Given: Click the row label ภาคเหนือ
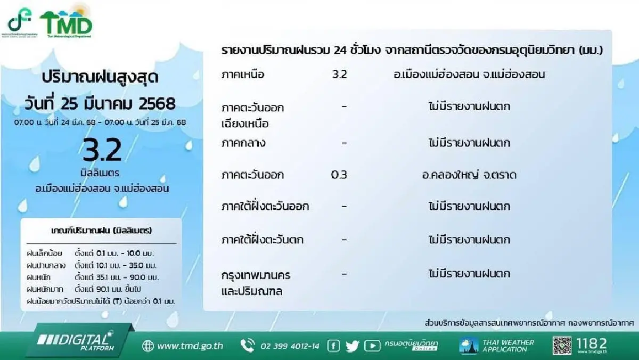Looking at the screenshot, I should click(x=243, y=75).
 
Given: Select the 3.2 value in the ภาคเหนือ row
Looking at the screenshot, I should click(x=339, y=75).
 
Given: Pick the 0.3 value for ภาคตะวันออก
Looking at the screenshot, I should click(x=339, y=175).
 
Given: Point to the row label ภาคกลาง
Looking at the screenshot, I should click(x=243, y=143).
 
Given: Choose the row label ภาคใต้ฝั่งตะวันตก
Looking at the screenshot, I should click(x=263, y=240).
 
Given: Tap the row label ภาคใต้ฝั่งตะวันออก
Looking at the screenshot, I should click(x=265, y=206).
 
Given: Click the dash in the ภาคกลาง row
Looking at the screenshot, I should click(x=344, y=143).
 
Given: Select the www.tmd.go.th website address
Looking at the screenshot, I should click(x=190, y=346).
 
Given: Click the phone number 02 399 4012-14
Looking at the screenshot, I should click(x=290, y=346).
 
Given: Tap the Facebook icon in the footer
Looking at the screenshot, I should click(x=334, y=346).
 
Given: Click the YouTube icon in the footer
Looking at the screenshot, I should click(x=372, y=346).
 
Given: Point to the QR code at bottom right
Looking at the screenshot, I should click(x=562, y=346).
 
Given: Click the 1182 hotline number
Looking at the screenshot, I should click(x=592, y=343).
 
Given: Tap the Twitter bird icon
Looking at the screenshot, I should click(x=353, y=346).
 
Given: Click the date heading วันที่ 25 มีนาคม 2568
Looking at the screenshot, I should click(x=100, y=101).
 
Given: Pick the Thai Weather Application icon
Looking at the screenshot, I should click(x=469, y=346).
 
